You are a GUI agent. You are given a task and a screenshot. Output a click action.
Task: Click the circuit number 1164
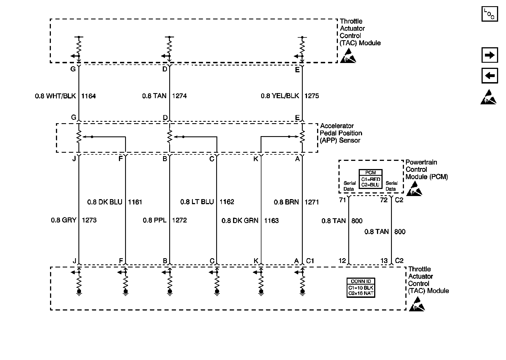coord(89,96)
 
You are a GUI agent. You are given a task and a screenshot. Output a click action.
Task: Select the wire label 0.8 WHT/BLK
coord(55,96)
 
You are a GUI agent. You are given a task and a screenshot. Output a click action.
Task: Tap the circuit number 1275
coord(312,96)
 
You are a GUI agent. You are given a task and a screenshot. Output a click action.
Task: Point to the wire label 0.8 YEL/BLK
coord(280,96)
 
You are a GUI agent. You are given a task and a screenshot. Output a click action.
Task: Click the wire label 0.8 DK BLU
coord(105,202)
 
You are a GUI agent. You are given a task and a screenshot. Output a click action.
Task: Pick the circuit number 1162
coord(227,202)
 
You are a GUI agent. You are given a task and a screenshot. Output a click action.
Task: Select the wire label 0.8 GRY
coord(64,220)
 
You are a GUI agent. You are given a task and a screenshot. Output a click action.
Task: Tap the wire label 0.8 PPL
coord(155,220)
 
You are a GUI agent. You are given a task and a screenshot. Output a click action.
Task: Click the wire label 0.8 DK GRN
coord(240,221)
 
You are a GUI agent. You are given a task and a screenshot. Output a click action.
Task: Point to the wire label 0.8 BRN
coord(286,202)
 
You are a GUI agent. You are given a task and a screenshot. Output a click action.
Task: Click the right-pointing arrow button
coord(490,55)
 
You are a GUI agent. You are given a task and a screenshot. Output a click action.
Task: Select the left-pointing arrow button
coord(490,76)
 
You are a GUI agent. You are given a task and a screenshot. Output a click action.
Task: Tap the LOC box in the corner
coord(490,14)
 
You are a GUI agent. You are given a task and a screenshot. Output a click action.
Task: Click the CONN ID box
coord(361,287)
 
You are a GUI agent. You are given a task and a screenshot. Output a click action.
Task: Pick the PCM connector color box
coord(371,179)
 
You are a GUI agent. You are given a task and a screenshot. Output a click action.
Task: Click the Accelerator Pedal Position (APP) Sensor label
coord(341,133)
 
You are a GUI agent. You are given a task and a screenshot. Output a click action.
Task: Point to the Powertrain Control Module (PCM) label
coord(426,170)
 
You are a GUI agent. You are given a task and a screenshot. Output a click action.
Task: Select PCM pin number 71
coord(342,200)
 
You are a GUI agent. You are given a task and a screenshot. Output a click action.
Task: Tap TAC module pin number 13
coord(384,261)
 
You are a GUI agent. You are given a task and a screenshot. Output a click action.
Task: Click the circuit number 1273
coord(89,220)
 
